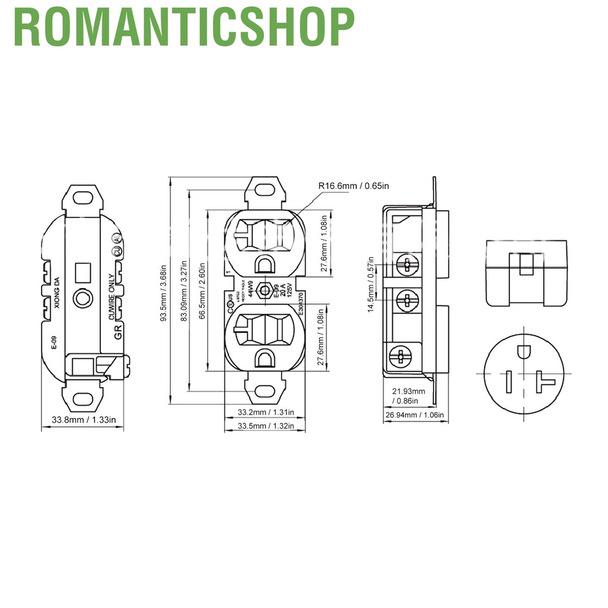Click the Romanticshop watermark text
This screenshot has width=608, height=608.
click(183, 27)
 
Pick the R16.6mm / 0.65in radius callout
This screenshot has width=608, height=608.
click(353, 186)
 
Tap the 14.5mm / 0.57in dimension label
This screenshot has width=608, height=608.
click(371, 284)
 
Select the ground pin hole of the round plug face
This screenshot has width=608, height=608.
click(524, 351)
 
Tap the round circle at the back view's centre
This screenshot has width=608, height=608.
click(81, 299)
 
